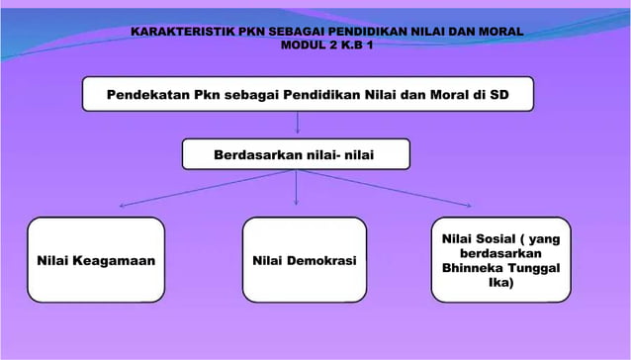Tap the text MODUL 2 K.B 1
pos(315,46)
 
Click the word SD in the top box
pos(499,96)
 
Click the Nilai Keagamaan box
pos(96,259)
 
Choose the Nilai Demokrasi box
pos(305,259)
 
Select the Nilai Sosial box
pos(500,259)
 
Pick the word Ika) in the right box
pos(502,282)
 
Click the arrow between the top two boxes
pos(298,124)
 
